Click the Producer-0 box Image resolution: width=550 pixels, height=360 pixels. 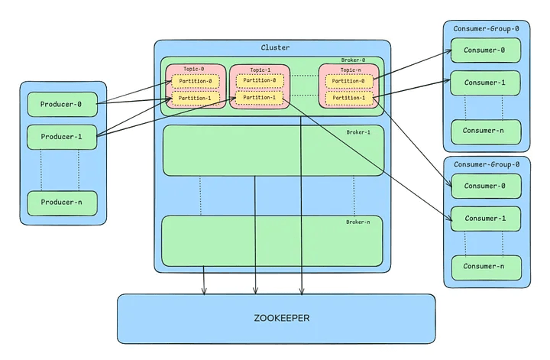[x=62, y=104]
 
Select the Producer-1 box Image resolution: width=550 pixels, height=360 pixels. [x=62, y=137]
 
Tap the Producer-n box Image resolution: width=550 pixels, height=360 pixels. [x=62, y=203]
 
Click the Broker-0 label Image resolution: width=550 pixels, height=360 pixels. [x=353, y=60]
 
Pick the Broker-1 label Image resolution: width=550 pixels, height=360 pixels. [x=358, y=131]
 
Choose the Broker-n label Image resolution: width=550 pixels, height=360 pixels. [x=358, y=222]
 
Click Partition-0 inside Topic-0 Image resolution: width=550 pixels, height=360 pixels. [x=196, y=82]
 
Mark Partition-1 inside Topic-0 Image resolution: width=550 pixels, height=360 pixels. [x=196, y=98]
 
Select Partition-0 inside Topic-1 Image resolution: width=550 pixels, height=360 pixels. [x=260, y=81]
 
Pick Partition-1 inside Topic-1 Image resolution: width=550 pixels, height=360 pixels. [x=260, y=98]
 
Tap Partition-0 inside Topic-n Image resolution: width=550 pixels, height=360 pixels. [x=348, y=81]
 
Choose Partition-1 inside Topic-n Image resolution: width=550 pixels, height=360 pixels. [x=348, y=98]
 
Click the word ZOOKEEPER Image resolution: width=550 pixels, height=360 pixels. [x=276, y=318]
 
